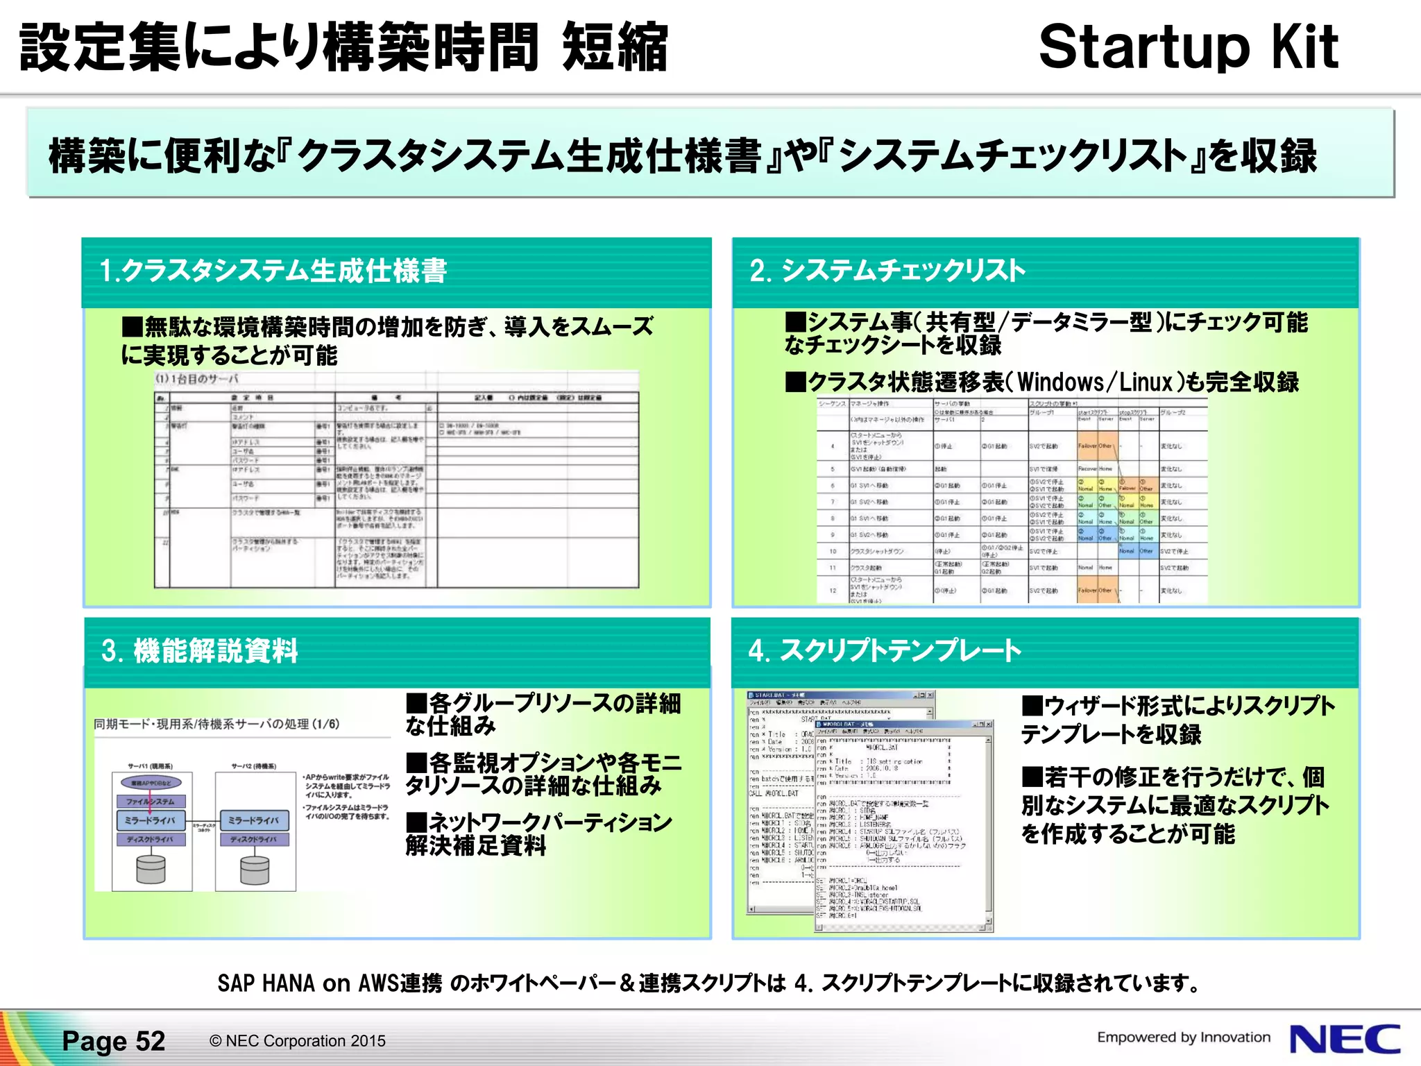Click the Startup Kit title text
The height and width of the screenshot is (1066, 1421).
[1188, 47]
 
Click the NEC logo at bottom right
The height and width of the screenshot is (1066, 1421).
[1345, 1040]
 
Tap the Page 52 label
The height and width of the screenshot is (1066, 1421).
[114, 1041]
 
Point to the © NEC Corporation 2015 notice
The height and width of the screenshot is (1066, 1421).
[298, 1041]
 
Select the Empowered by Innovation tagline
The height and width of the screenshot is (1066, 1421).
[1184, 1038]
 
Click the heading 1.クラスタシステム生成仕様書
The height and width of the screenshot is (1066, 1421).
[273, 271]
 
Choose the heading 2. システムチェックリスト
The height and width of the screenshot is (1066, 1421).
[887, 271]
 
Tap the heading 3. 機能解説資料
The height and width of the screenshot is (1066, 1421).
[200, 651]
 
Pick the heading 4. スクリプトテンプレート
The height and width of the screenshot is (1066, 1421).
[884, 651]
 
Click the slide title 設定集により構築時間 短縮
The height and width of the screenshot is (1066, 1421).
[343, 47]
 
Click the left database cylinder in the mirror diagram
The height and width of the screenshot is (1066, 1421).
[151, 869]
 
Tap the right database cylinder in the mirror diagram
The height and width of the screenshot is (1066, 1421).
[255, 870]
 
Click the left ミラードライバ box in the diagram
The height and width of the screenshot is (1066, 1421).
[151, 820]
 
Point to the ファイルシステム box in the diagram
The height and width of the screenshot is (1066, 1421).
[151, 802]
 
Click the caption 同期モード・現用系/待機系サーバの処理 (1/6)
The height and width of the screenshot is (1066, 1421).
[216, 724]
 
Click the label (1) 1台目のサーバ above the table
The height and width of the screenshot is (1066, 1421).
[196, 379]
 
